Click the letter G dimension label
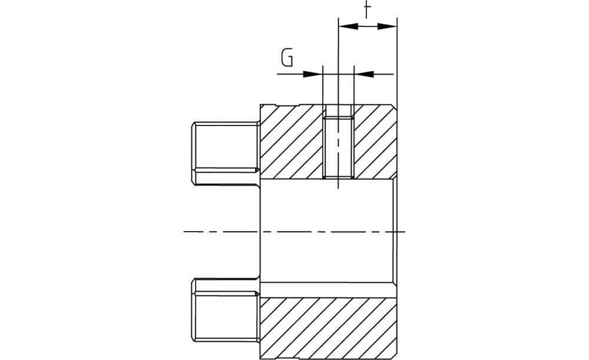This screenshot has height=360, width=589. click(x=287, y=58)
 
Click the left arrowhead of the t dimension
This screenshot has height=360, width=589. click(x=348, y=27)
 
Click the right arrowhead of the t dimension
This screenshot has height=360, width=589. click(x=387, y=27)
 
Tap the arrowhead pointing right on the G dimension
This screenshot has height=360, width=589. click(x=313, y=74)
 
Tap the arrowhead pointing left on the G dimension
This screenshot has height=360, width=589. click(x=363, y=74)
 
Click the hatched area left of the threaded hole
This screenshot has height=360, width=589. click(x=292, y=141)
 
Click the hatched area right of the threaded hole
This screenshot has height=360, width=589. click(x=375, y=141)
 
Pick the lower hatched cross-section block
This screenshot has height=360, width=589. click(x=329, y=328)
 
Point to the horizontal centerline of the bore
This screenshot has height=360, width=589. click(x=294, y=232)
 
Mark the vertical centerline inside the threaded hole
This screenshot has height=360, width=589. click(x=339, y=147)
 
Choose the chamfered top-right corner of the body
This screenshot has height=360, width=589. click(x=395, y=107)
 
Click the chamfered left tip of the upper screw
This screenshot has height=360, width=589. click(x=193, y=153)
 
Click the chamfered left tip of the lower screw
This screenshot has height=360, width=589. click(x=193, y=310)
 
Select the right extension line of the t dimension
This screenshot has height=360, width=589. click(x=397, y=61)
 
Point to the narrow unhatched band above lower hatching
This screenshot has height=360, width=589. click(x=329, y=290)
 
